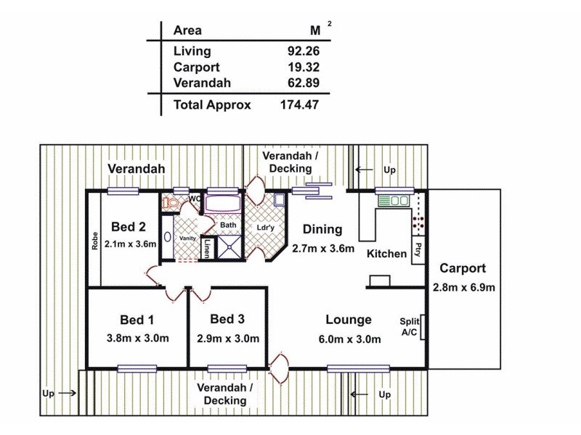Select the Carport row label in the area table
(195, 67)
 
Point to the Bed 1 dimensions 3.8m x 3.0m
(138, 338)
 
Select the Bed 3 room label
(227, 319)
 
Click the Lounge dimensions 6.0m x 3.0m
(349, 338)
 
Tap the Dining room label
(322, 230)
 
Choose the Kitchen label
(386, 254)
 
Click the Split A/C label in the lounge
(409, 327)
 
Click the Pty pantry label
(418, 249)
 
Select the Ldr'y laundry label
(266, 227)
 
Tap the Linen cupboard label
(207, 247)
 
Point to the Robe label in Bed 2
(95, 241)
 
